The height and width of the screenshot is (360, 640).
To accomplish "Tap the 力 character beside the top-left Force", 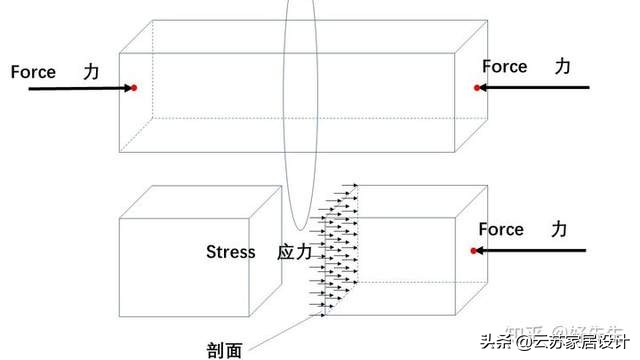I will pyautogui.click(x=92, y=72).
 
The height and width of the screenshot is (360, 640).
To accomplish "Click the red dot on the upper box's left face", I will pyautogui.click(x=133, y=89).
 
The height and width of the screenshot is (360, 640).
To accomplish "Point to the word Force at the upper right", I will pyautogui.click(x=504, y=67).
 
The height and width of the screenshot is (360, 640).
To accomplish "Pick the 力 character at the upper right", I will pyautogui.click(x=563, y=66).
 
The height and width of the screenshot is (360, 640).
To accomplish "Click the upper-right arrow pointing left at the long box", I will pyautogui.click(x=535, y=88).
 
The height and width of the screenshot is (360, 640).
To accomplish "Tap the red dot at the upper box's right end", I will pyautogui.click(x=477, y=88).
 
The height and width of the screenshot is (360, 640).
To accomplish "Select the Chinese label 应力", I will pyautogui.click(x=294, y=252).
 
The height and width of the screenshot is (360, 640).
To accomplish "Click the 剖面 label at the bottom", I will pyautogui.click(x=225, y=350).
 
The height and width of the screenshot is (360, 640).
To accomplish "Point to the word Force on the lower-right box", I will pyautogui.click(x=500, y=230).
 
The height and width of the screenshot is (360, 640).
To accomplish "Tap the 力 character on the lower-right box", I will pyautogui.click(x=559, y=230).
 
